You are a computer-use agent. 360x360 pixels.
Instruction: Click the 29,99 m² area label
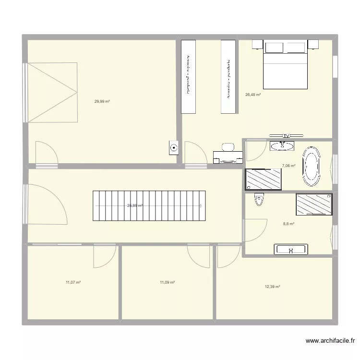(x=102, y=101)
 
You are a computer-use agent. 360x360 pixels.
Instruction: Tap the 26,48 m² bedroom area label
(x=253, y=95)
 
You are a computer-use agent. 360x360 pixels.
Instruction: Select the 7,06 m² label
(x=288, y=166)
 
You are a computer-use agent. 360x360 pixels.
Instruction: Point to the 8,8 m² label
(x=288, y=224)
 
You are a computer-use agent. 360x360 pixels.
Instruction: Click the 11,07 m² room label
(x=73, y=283)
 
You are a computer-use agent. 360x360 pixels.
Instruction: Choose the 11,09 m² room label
(x=167, y=283)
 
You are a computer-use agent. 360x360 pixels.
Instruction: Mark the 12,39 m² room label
(x=272, y=287)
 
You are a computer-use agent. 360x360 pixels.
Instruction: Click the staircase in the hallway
(x=149, y=205)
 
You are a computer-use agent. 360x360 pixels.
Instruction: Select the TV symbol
(x=287, y=136)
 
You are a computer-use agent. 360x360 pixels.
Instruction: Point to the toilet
(x=260, y=199)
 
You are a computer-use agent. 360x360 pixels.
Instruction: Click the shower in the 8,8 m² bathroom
(x=314, y=204)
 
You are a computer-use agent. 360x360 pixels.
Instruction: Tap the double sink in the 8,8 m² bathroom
(x=291, y=249)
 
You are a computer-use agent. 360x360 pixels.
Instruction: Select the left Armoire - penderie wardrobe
(x=188, y=77)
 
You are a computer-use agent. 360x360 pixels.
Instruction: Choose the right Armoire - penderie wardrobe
(x=228, y=77)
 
